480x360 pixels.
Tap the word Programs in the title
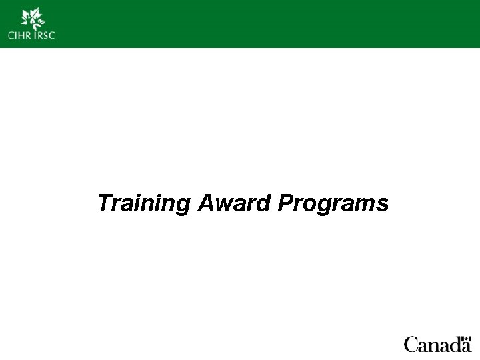click(x=333, y=203)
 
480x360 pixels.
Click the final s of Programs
click(x=383, y=203)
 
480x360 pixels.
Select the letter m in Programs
click(x=367, y=203)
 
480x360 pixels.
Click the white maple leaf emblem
click(x=31, y=18)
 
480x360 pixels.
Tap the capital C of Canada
click(x=410, y=345)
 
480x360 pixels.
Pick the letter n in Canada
click(x=429, y=346)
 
